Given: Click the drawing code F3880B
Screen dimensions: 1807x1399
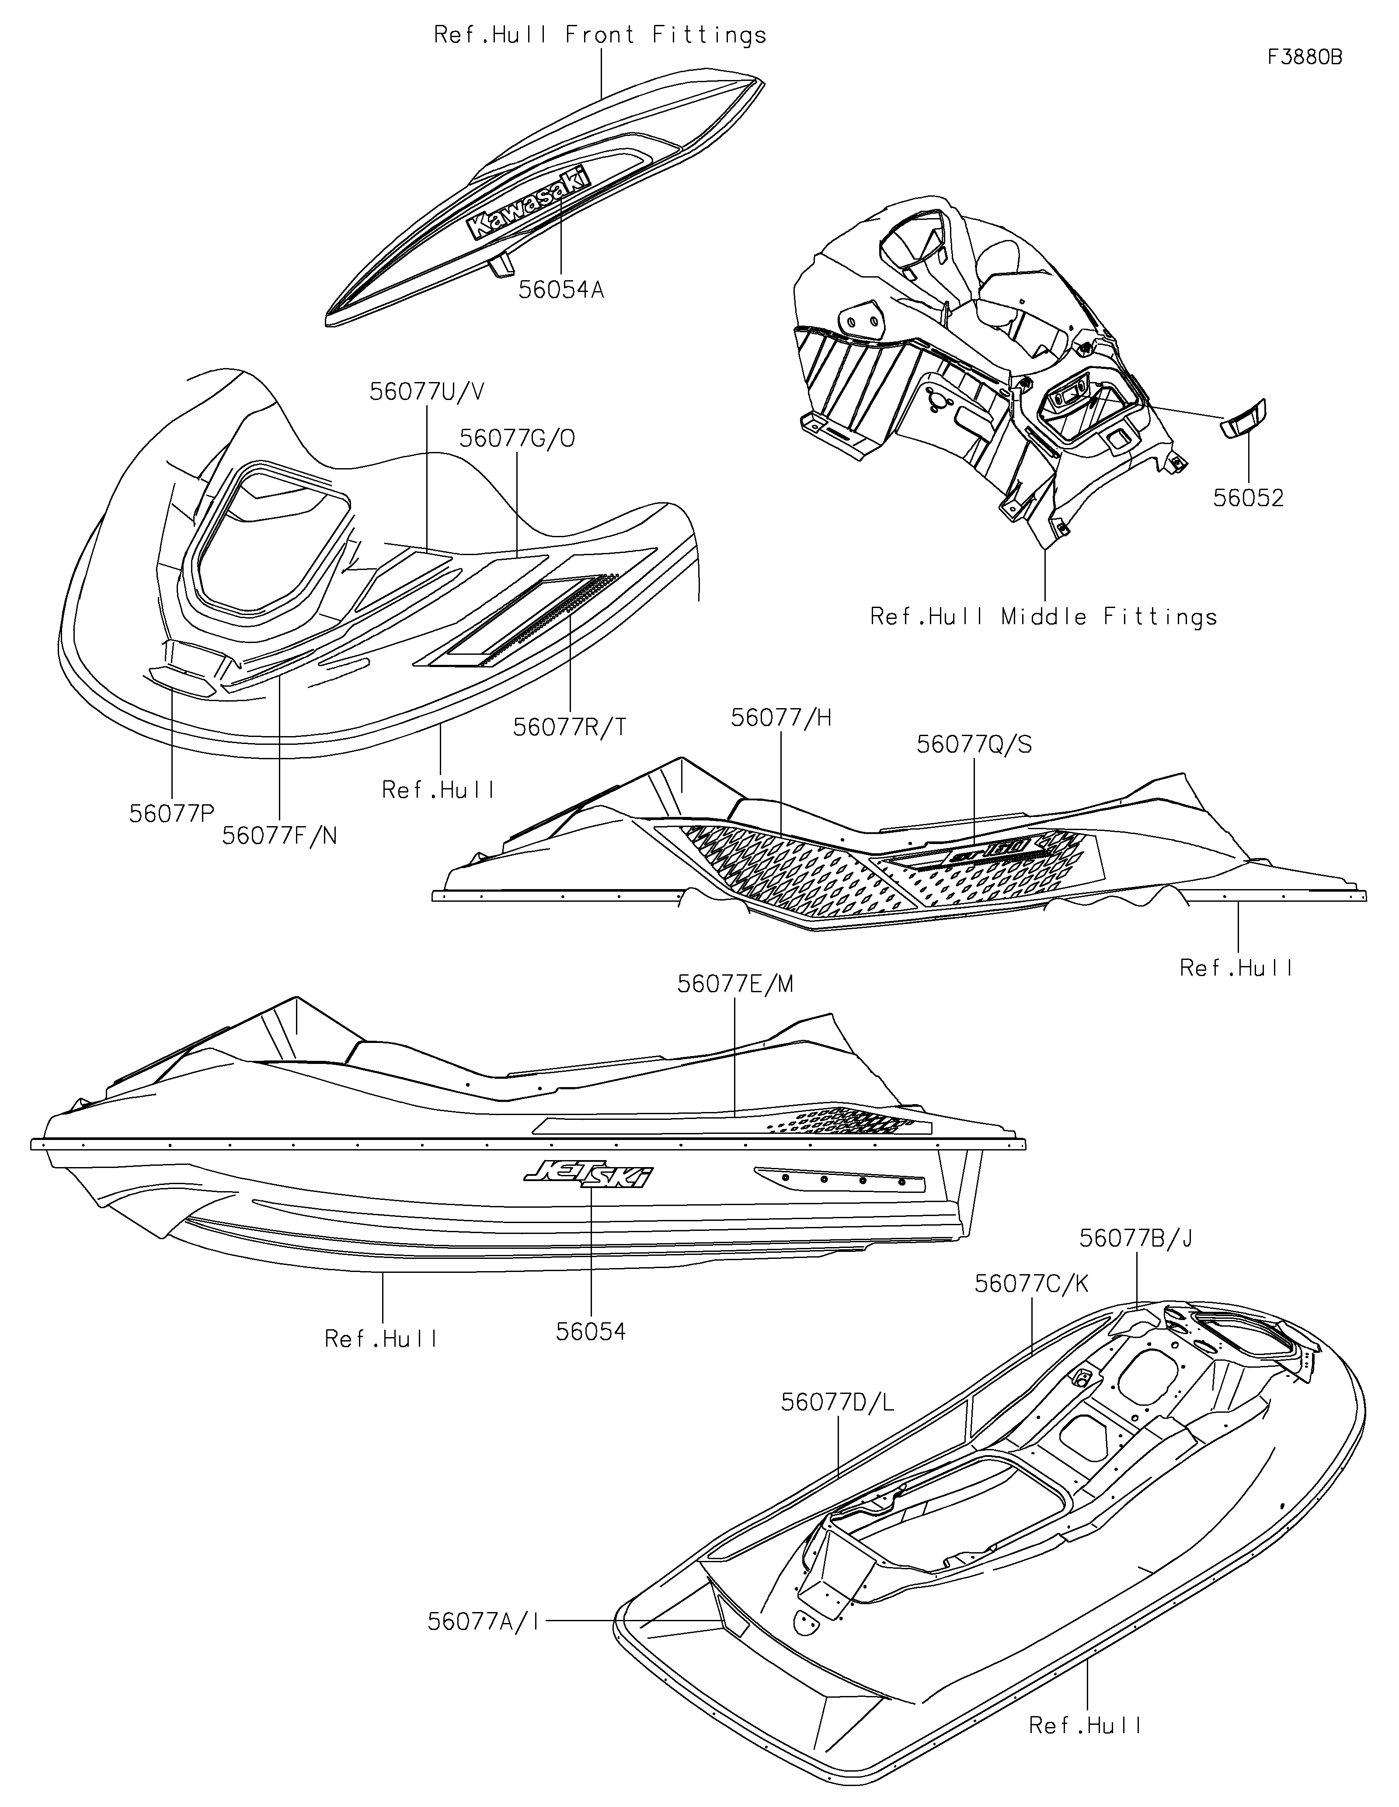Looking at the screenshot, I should tap(1304, 57).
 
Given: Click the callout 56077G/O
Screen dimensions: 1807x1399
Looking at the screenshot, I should tap(517, 438).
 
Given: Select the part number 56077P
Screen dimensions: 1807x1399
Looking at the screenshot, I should tap(171, 814).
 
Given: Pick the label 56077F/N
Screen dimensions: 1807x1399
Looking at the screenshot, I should tap(280, 836).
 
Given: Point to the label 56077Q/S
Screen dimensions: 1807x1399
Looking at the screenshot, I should tap(974, 745).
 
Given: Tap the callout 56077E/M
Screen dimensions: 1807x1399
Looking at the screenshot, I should tap(734, 984).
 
